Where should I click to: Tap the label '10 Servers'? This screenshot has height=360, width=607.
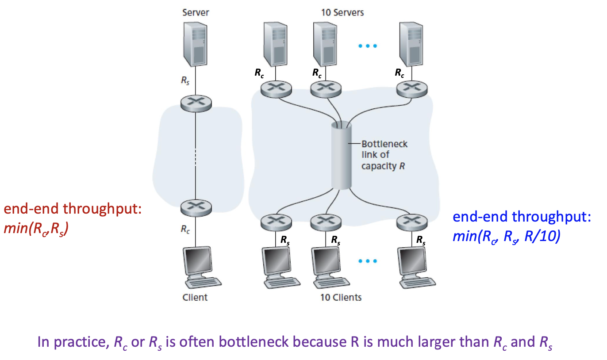(342, 12)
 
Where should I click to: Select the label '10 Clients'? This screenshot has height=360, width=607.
(341, 297)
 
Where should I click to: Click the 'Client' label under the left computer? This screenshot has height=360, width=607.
(195, 297)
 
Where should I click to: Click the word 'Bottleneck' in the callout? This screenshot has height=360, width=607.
(384, 144)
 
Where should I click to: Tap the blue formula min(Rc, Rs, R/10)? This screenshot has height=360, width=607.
(506, 237)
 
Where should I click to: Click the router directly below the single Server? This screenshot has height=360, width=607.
(196, 103)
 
